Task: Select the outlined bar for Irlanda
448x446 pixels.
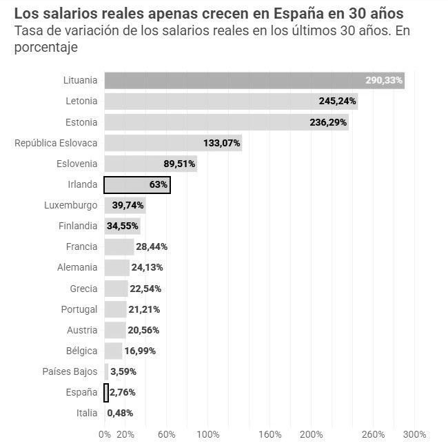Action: [x=136, y=185]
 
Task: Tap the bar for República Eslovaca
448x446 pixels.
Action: [x=172, y=143]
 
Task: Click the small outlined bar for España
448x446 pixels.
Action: [x=106, y=392]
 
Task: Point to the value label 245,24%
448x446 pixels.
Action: [x=338, y=101]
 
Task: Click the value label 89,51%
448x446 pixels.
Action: [x=179, y=164]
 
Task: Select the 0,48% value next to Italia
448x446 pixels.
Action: [x=120, y=413]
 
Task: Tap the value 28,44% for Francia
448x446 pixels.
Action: [x=152, y=247]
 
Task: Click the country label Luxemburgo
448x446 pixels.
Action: [x=70, y=206]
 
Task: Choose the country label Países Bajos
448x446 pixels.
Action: [x=70, y=371]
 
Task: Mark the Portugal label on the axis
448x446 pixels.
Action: [x=79, y=309]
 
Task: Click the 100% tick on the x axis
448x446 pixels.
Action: [x=207, y=434]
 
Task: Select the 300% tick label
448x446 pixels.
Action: [x=414, y=434]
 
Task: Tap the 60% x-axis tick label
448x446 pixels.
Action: [x=166, y=434]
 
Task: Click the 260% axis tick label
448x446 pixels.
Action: [x=373, y=434]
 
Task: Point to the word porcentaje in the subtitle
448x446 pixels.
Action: [x=45, y=48]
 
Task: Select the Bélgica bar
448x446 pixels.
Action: [x=113, y=351]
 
